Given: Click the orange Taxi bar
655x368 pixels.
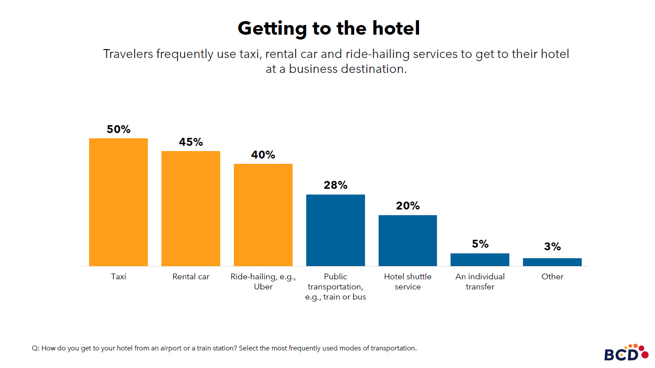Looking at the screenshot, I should tap(118, 202).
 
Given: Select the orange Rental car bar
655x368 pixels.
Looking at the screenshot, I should tap(191, 209).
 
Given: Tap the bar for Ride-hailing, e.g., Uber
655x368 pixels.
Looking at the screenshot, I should tap(263, 215).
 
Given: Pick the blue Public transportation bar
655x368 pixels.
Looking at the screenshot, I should tap(336, 230).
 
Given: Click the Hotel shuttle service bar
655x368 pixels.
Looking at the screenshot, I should tap(408, 240).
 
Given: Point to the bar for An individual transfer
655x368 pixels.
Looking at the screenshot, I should tap(480, 260).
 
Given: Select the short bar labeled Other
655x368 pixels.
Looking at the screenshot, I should tap(552, 262).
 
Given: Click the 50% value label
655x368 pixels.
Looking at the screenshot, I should tap(118, 130).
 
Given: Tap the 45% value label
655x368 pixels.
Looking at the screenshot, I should tap(191, 142).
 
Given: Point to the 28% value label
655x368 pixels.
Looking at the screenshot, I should tap(336, 185).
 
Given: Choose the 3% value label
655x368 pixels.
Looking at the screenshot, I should tap(552, 247).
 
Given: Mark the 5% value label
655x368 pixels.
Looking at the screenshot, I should tap(480, 244).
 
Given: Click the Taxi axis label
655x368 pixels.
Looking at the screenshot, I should tap(118, 277).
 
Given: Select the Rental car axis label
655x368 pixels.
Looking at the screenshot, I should tap(191, 277).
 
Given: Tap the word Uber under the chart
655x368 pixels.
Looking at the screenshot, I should tap(263, 287).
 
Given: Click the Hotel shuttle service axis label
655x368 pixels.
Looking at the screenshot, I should tap(408, 281).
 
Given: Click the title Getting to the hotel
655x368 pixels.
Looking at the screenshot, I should tap(329, 29).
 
